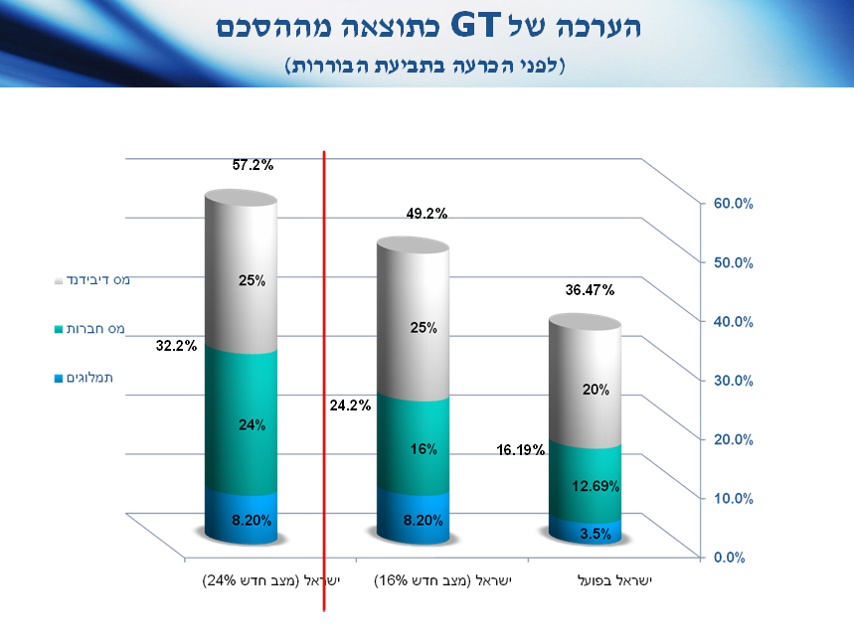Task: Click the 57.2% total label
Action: pos(253,165)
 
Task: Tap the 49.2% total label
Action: pos(427,213)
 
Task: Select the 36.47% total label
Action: pos(590,290)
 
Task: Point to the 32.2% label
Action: pos(176,347)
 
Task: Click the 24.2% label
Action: pos(350,404)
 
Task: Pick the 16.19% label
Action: pos(520,450)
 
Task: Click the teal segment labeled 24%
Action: pos(242,425)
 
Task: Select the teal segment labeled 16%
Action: pos(424,449)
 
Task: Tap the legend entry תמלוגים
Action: pos(97,378)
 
